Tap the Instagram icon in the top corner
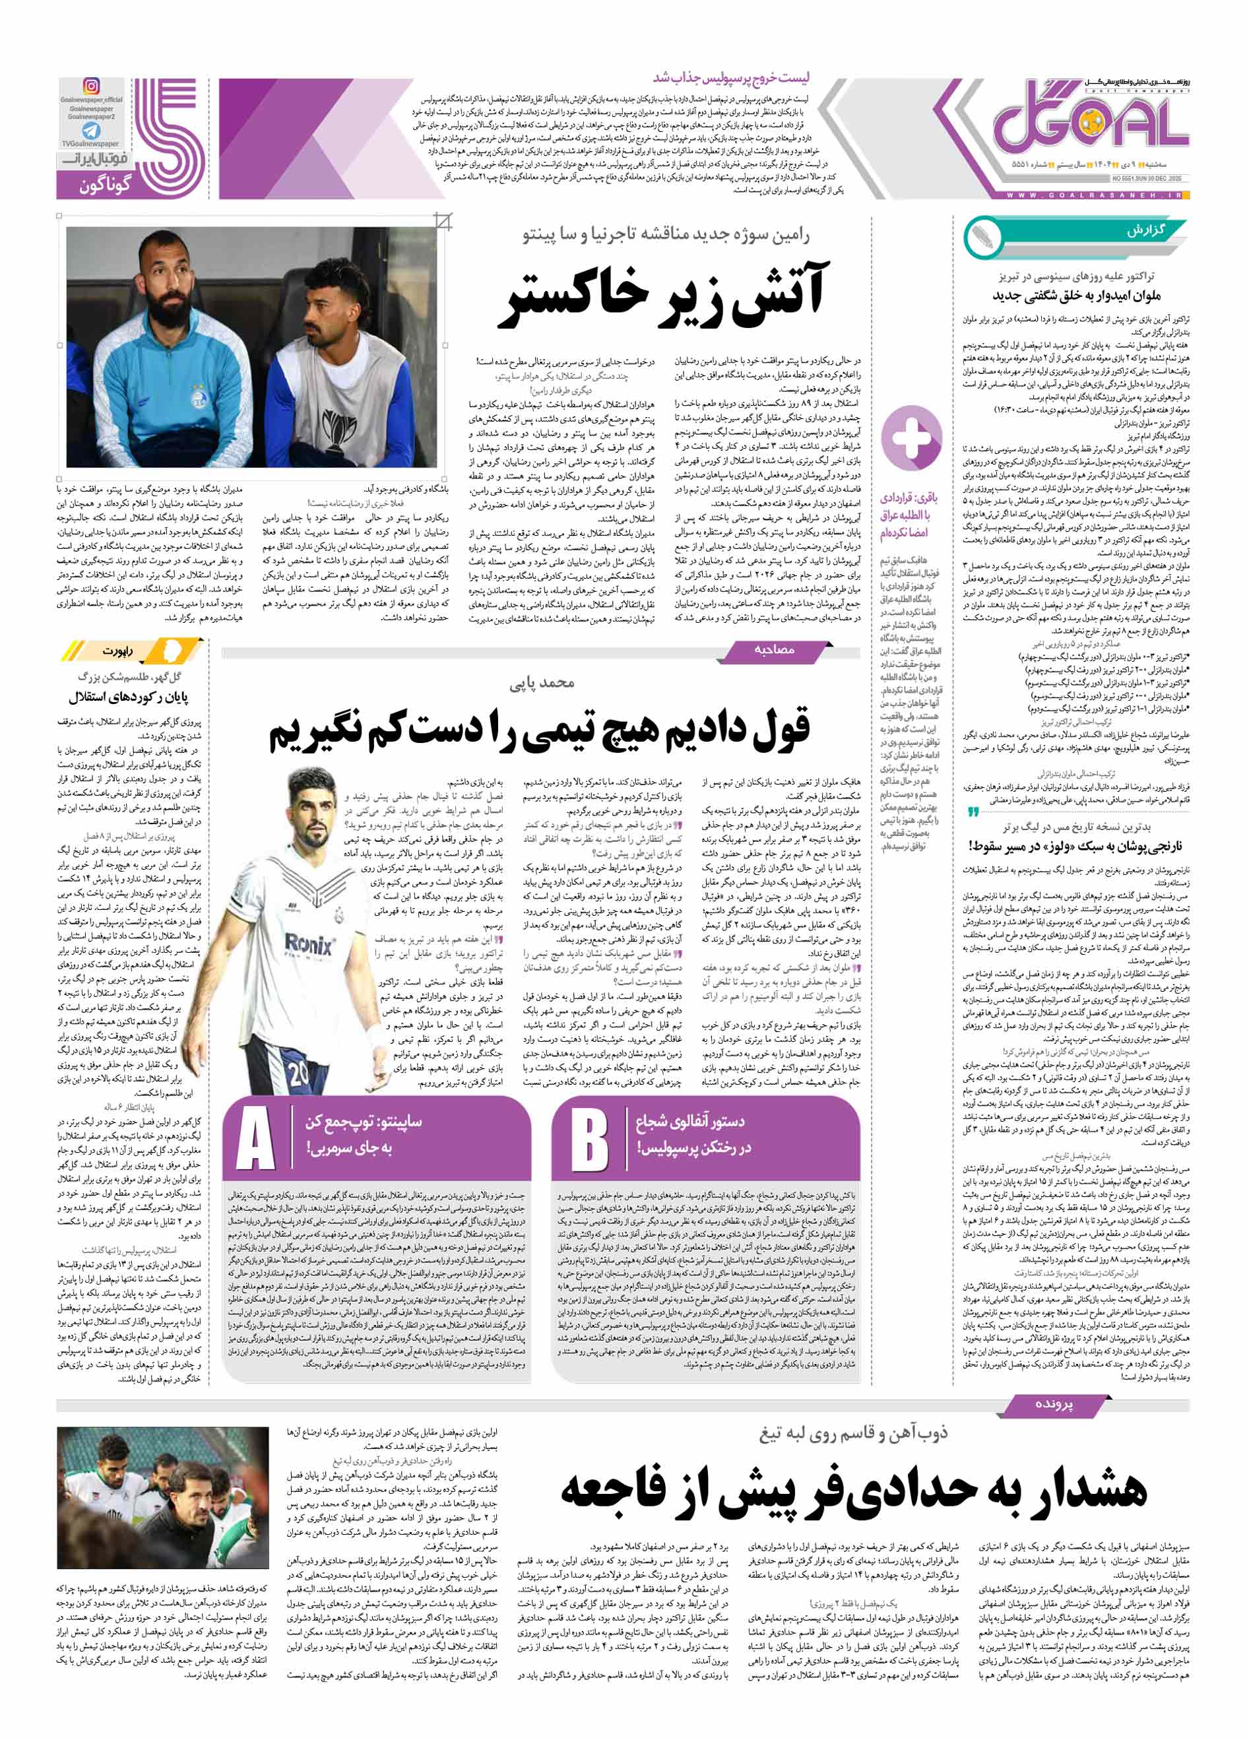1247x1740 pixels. (x=91, y=86)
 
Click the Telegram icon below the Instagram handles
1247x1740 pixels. (x=91, y=131)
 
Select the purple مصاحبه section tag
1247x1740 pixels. (x=775, y=650)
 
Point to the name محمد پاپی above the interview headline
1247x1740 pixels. (x=542, y=682)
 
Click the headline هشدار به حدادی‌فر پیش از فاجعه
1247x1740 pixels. (x=853, y=1489)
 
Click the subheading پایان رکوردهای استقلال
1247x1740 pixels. (x=128, y=697)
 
